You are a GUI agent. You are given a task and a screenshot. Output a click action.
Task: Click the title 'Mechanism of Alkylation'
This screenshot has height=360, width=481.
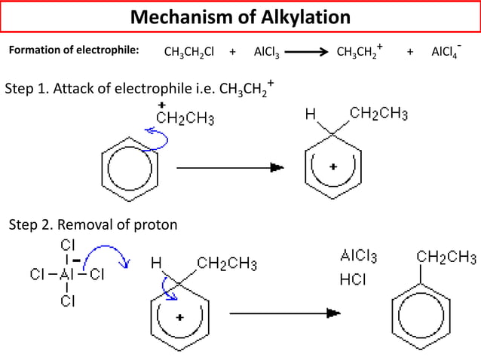[240, 17]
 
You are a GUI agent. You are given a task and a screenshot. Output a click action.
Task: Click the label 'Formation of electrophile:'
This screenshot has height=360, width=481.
[73, 51]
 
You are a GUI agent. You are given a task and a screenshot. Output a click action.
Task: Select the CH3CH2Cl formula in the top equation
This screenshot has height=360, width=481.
[189, 52]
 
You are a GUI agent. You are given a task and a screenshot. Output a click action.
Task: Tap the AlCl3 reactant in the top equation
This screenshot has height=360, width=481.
[267, 52]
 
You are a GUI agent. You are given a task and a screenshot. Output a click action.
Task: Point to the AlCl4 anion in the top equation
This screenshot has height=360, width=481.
[446, 51]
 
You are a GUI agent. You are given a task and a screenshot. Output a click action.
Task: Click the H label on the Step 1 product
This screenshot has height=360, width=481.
[310, 115]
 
